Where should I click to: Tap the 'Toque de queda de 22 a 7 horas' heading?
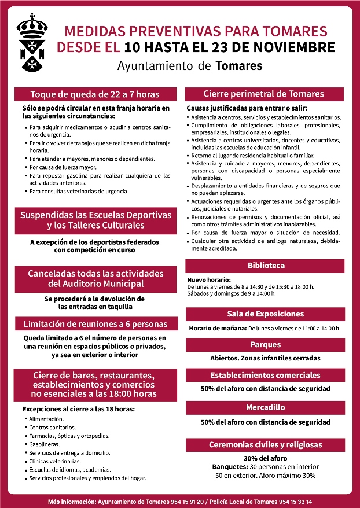tap(95, 94)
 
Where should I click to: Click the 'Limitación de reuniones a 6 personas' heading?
tap(95, 324)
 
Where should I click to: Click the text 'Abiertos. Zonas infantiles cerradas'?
tap(265, 358)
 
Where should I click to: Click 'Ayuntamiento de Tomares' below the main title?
tap(190, 65)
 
